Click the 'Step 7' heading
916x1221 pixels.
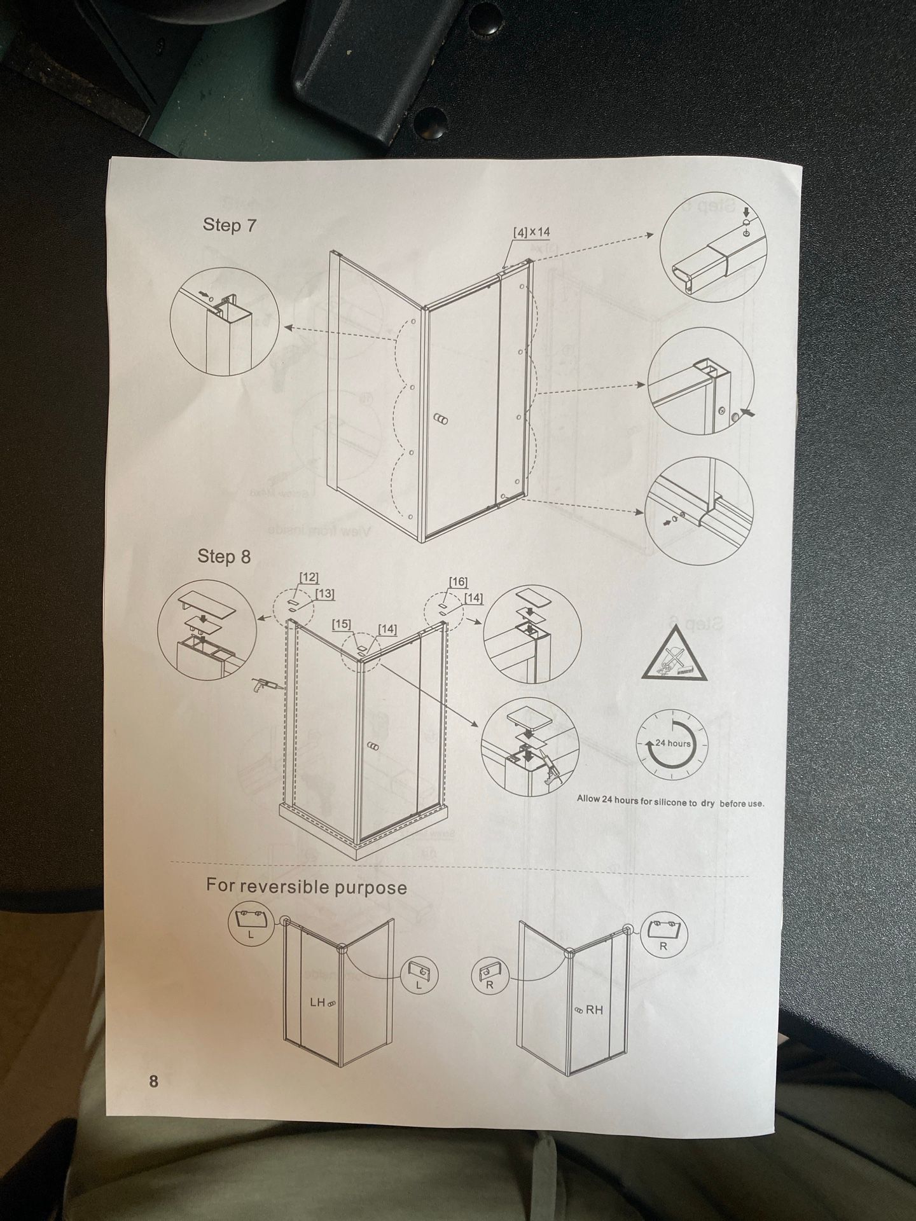[x=230, y=225]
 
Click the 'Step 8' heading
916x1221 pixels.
[x=224, y=556]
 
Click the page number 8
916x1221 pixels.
[x=153, y=1081]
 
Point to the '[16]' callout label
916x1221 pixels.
[x=458, y=581]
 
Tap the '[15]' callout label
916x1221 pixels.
[x=342, y=624]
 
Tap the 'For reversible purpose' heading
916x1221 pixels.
[x=306, y=886]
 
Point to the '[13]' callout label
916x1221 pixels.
[x=324, y=594]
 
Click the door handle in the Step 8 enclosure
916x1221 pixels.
[x=373, y=746]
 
